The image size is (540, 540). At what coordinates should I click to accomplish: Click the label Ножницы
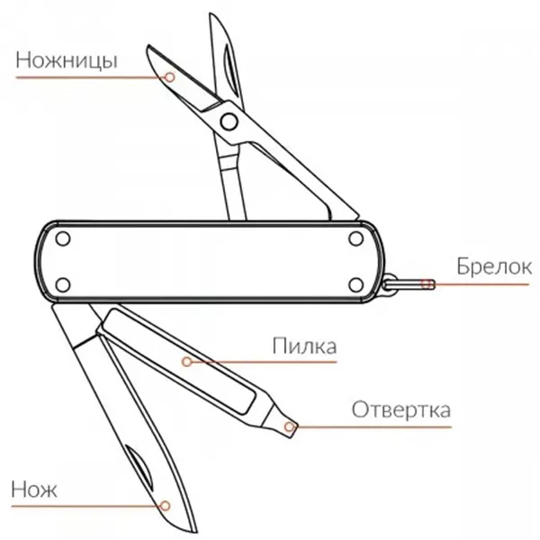pyautogui.click(x=67, y=61)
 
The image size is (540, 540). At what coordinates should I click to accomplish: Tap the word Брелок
pyautogui.click(x=493, y=266)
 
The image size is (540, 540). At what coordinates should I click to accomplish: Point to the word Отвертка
pyautogui.click(x=401, y=410)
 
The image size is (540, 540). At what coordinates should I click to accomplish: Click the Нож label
pyautogui.click(x=35, y=490)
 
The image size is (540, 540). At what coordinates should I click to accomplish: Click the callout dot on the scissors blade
pyautogui.click(x=168, y=78)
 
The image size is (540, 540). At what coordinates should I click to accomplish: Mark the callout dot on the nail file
pyautogui.click(x=186, y=362)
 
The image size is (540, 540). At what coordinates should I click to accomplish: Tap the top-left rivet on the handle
pyautogui.click(x=63, y=239)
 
